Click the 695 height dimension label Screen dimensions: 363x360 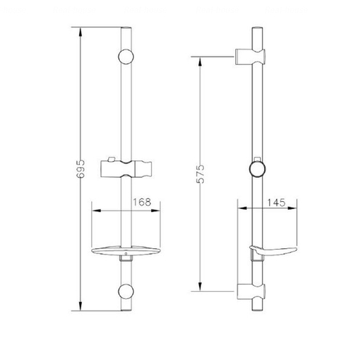click(x=81, y=168)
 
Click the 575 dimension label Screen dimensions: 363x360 click(x=200, y=174)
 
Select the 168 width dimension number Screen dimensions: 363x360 click(x=142, y=202)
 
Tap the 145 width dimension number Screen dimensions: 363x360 click(x=276, y=202)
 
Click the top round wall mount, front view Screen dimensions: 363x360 click(x=126, y=57)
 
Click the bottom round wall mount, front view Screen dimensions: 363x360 click(x=126, y=292)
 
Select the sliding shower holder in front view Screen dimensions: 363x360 click(x=126, y=168)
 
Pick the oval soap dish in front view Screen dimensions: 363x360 click(x=126, y=251)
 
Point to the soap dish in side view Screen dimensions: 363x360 click(x=274, y=251)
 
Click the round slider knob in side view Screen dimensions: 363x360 click(x=257, y=169)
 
